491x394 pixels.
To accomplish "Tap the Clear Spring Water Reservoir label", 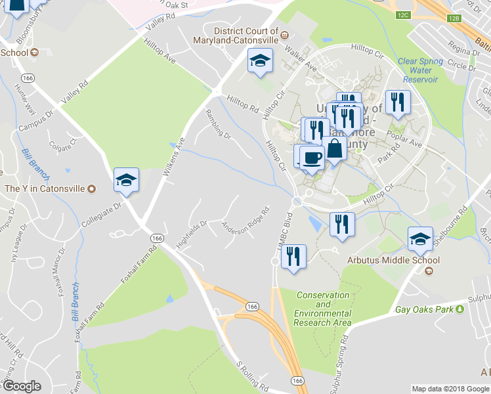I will click(x=420, y=70).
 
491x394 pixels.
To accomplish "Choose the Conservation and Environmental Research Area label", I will click(x=322, y=309).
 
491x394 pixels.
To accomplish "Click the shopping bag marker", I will click(x=334, y=148).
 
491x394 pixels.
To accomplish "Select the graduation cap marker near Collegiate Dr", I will click(x=126, y=179).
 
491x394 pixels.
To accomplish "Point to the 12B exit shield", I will click(x=455, y=19).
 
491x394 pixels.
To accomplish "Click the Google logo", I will click(x=21, y=386).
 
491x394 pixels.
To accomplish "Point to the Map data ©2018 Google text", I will click(x=450, y=389).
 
